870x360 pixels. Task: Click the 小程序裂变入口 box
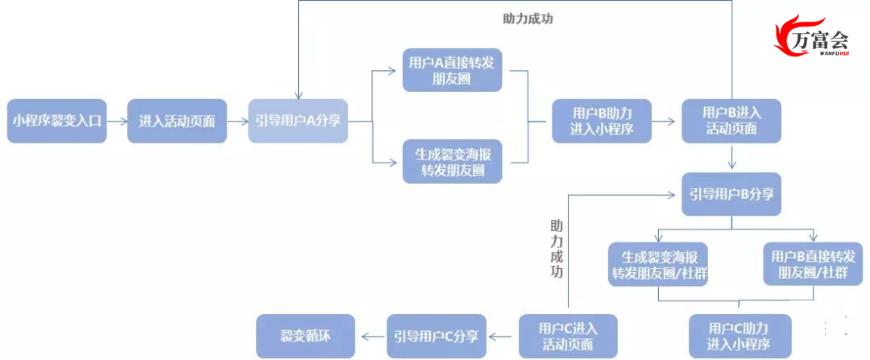(x=56, y=121)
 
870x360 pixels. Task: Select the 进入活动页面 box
(x=177, y=121)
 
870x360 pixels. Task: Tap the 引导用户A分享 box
(x=298, y=121)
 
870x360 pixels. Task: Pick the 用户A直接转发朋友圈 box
(x=452, y=70)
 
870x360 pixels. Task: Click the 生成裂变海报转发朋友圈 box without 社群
(x=452, y=161)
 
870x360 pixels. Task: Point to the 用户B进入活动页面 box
(x=731, y=121)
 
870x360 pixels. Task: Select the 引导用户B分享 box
(x=731, y=194)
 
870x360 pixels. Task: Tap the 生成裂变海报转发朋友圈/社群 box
(x=658, y=264)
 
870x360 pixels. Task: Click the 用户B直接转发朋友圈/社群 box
(x=813, y=264)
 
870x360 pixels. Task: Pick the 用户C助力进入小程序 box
(x=739, y=336)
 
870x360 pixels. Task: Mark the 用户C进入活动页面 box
(x=568, y=336)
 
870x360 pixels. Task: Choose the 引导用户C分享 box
(x=436, y=336)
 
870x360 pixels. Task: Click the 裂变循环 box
(x=305, y=336)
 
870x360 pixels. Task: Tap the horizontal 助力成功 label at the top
(x=528, y=19)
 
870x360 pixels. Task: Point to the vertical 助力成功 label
(x=557, y=249)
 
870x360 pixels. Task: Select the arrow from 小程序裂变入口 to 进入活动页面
(x=117, y=121)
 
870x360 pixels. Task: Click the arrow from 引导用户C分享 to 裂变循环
(x=371, y=336)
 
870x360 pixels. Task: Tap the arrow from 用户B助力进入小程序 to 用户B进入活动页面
(x=667, y=121)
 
